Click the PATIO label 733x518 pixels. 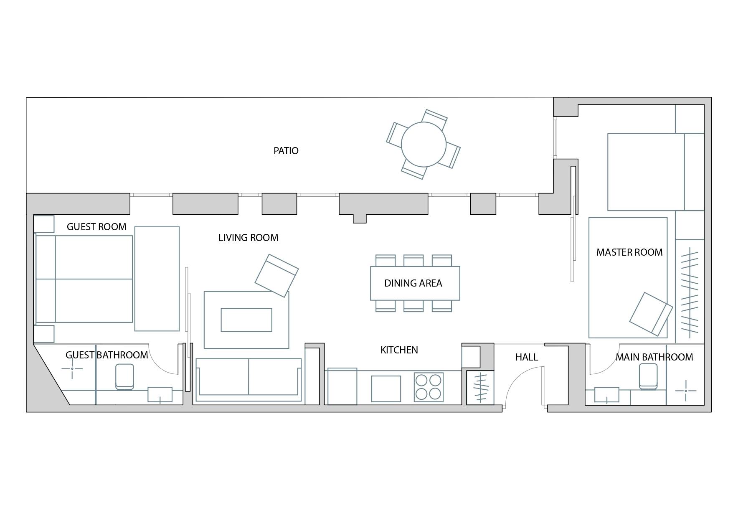click(x=286, y=151)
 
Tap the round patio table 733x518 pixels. click(x=424, y=144)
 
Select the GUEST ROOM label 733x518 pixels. click(x=96, y=227)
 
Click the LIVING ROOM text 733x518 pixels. click(x=249, y=238)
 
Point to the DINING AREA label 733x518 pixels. click(x=413, y=283)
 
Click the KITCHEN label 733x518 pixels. click(x=399, y=350)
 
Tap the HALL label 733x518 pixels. click(x=527, y=357)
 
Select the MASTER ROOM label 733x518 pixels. click(x=629, y=252)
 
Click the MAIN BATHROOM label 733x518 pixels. click(x=654, y=357)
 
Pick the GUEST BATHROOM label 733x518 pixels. click(x=107, y=355)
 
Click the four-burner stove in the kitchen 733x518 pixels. click(x=429, y=387)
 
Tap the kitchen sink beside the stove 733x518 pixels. click(x=386, y=388)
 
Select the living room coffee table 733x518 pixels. click(x=246, y=320)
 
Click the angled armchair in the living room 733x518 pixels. click(x=276, y=276)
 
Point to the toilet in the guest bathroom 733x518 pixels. click(x=124, y=377)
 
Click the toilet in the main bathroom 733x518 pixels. click(x=648, y=376)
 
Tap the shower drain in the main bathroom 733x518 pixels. click(x=685, y=391)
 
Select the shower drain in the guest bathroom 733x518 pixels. click(x=72, y=368)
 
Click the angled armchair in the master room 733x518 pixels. click(x=651, y=314)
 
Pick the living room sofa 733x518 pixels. click(x=249, y=380)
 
